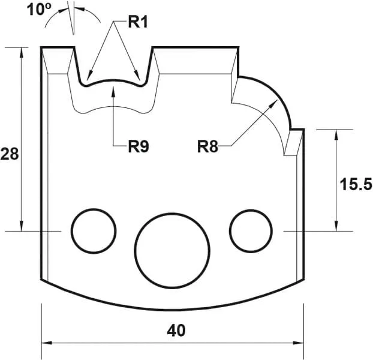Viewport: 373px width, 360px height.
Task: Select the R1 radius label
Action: point(139,23)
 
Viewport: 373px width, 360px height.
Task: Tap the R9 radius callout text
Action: point(139,146)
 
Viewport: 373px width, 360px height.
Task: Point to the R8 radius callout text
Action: point(208,146)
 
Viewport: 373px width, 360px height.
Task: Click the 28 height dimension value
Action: point(9,155)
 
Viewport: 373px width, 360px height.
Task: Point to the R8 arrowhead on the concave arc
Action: point(275,104)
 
